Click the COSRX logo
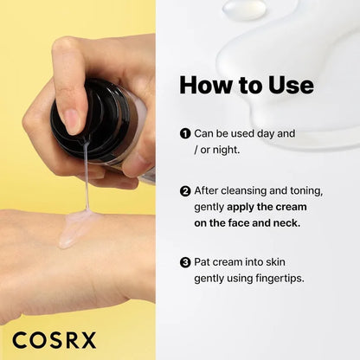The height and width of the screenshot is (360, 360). [55, 338]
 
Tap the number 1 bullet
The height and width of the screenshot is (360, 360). [185, 134]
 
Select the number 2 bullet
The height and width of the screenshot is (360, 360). [185, 190]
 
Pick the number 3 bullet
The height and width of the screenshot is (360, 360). [185, 261]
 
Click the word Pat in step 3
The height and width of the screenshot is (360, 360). [204, 261]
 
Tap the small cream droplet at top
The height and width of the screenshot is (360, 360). [243, 10]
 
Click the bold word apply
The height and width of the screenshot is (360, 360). [247, 206]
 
